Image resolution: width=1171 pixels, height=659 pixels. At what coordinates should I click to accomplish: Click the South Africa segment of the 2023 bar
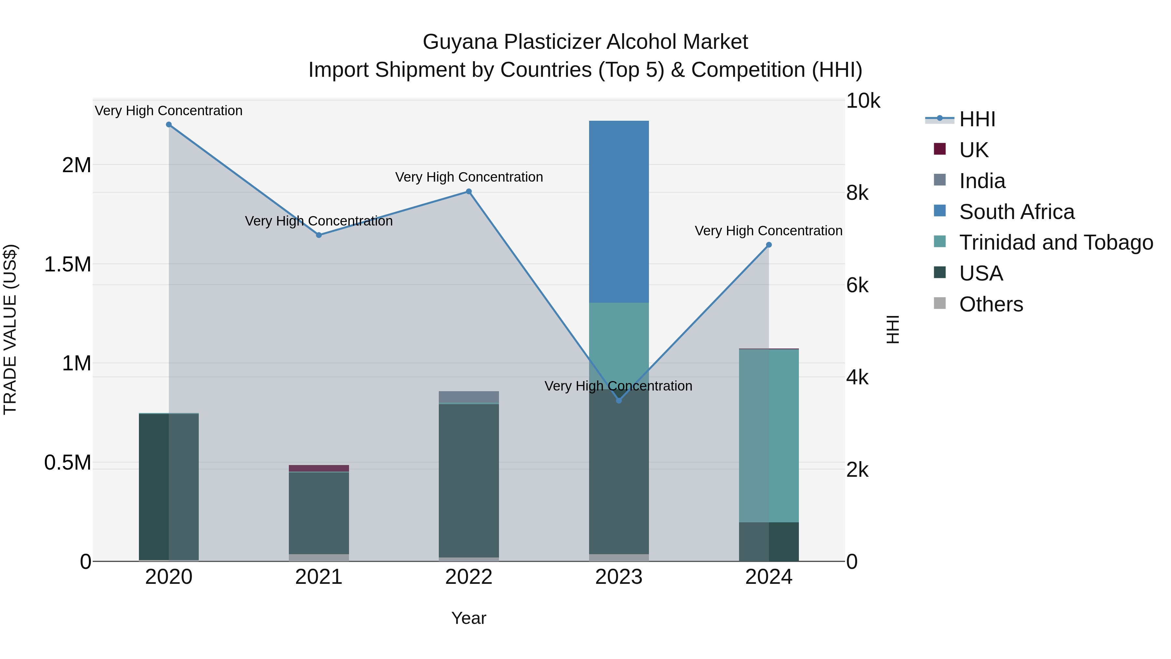pos(619,212)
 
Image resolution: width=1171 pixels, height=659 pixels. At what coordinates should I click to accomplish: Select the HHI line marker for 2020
pos(168,125)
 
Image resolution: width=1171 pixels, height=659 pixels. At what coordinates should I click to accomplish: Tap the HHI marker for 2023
pos(619,401)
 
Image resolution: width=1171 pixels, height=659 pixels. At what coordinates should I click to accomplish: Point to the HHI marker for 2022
pos(469,191)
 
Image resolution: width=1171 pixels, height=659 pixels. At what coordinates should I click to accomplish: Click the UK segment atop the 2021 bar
pos(319,468)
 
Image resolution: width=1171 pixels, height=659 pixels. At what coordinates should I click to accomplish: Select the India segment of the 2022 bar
pos(469,397)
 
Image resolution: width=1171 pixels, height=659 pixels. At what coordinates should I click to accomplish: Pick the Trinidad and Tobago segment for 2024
pos(769,436)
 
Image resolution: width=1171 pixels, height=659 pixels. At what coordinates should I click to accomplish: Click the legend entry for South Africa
pos(1016,212)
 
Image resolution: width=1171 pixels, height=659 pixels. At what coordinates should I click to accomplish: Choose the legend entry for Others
pos(991,304)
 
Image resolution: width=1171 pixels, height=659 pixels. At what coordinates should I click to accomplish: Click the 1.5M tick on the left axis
pos(67,264)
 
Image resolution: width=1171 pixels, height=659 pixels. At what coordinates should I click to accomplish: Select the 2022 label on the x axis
pos(469,577)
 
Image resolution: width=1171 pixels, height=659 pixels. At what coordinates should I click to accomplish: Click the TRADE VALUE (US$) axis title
pos(10,330)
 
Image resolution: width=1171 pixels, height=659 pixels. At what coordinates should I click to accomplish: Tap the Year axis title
pos(469,618)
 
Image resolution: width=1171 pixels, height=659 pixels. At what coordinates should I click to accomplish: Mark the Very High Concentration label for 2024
pos(768,231)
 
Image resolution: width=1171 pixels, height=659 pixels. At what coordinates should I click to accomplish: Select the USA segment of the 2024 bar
pos(769,542)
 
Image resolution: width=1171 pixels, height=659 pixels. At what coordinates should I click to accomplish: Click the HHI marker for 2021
pos(319,235)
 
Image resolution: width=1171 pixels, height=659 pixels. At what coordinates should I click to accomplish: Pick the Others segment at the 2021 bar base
pos(319,557)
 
